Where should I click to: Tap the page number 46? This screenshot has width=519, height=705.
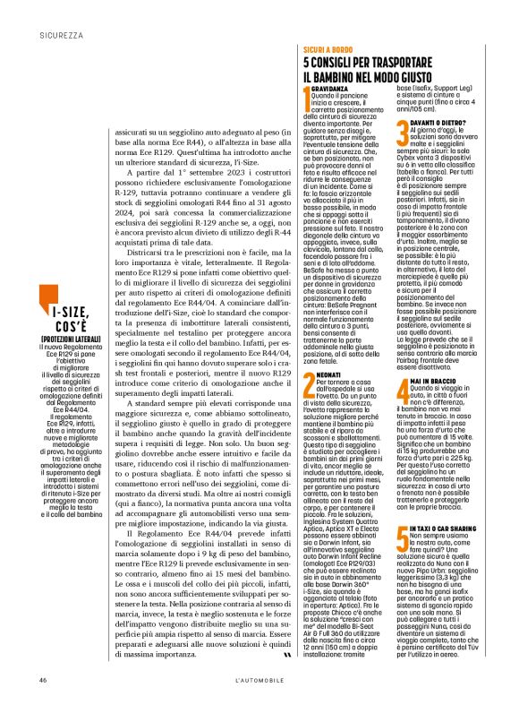42,681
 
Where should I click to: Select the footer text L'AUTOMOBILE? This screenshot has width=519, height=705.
259,681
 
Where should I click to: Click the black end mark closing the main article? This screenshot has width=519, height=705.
285,631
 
